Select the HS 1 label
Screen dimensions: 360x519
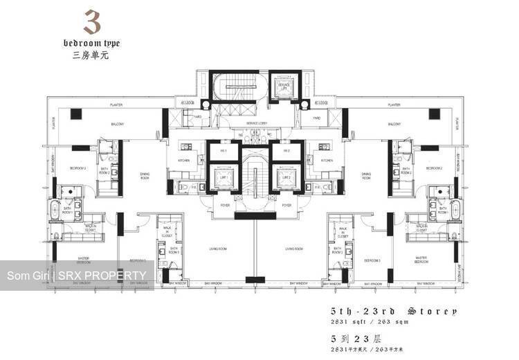click(224, 150)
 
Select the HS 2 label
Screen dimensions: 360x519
click(284, 150)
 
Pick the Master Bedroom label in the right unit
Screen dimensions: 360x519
click(425, 260)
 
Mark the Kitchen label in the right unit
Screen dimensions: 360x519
click(327, 160)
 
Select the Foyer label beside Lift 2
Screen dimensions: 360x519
click(286, 205)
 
